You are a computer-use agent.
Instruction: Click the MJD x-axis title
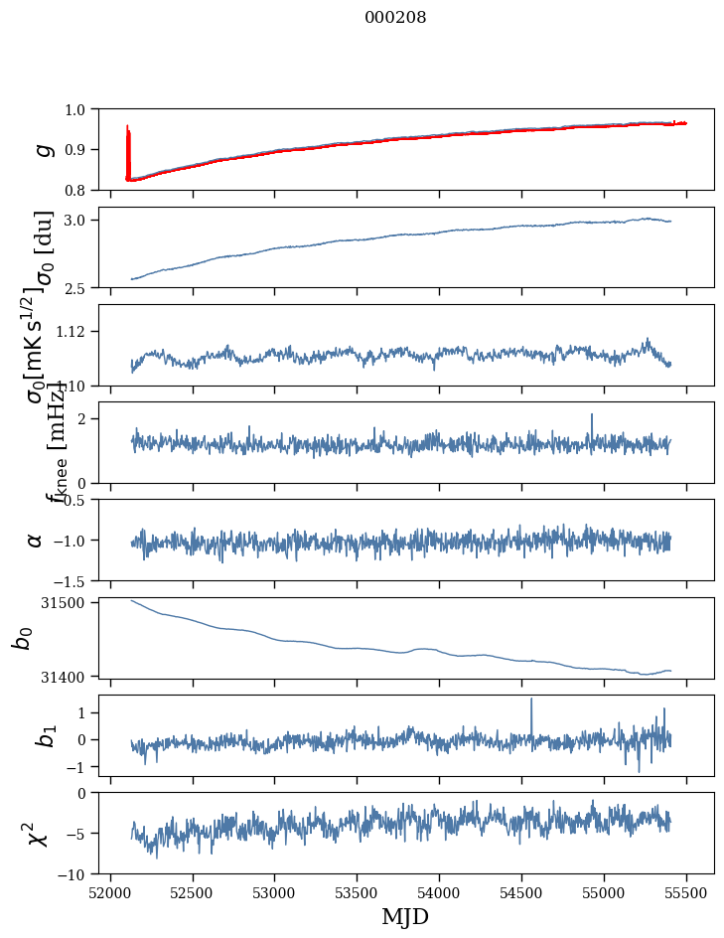(x=405, y=916)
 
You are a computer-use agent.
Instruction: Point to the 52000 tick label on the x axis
(x=110, y=892)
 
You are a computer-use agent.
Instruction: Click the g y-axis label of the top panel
(x=42, y=149)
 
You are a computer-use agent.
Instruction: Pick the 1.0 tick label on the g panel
(x=78, y=109)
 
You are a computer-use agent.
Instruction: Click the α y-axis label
(x=35, y=540)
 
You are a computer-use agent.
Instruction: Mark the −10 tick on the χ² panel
(x=74, y=874)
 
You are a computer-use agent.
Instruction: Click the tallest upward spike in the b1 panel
(x=531, y=701)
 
